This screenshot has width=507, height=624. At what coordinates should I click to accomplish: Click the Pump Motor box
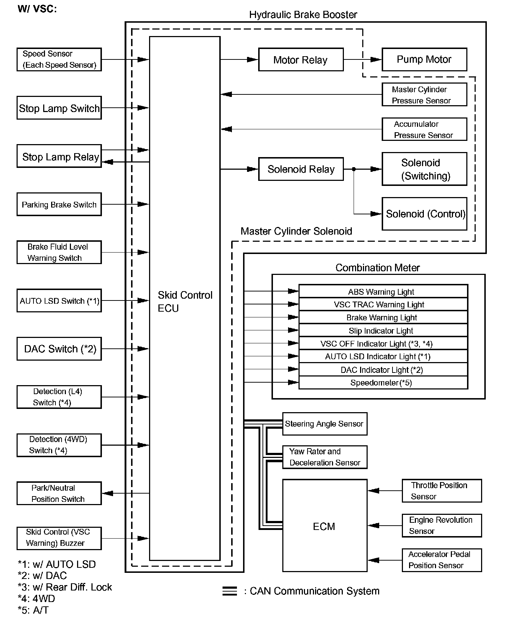click(x=424, y=59)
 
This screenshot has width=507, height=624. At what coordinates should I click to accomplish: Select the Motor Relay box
click(x=301, y=60)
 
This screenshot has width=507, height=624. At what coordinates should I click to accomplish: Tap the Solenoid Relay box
click(x=301, y=169)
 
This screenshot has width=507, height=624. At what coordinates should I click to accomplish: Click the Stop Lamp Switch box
click(x=59, y=108)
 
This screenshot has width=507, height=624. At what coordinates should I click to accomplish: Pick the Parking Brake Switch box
click(x=59, y=204)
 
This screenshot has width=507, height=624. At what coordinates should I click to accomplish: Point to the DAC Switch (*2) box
click(x=59, y=349)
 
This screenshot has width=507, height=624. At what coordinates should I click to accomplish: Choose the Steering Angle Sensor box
click(x=324, y=424)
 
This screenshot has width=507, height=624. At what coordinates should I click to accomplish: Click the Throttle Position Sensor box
click(x=441, y=491)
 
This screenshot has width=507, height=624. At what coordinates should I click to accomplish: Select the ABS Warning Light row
click(x=383, y=291)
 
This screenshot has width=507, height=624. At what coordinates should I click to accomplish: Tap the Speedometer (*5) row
click(x=383, y=383)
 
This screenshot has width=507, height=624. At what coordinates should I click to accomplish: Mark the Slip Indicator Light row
click(x=383, y=330)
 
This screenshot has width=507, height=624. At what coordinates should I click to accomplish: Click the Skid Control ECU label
click(x=185, y=302)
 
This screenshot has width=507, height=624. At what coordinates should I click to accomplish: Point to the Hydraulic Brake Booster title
click(x=303, y=15)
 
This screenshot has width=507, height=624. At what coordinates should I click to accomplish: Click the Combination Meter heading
click(x=377, y=268)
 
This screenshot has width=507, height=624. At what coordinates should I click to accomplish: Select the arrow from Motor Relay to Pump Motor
click(x=362, y=59)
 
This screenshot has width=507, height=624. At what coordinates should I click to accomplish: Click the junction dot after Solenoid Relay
click(x=354, y=169)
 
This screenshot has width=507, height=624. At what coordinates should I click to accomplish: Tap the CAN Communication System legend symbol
click(x=229, y=591)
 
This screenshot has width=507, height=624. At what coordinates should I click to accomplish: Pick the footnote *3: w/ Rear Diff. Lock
click(x=65, y=587)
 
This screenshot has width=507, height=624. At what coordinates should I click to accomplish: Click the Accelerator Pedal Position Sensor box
click(x=441, y=560)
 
